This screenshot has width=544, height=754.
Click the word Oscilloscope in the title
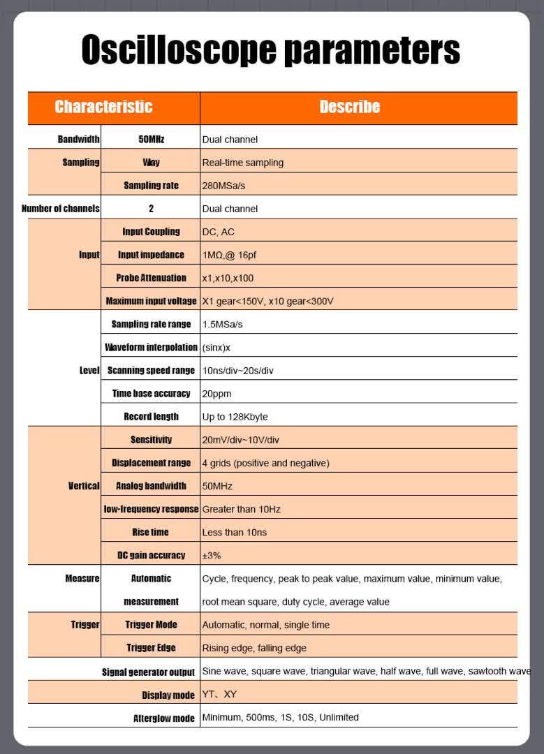[175, 50]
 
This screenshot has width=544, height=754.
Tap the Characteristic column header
[103, 107]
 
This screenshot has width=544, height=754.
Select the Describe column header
[349, 107]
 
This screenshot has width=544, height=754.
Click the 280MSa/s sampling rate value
[223, 186]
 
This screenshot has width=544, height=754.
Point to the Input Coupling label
[151, 232]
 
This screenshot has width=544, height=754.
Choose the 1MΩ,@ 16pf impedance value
[229, 255]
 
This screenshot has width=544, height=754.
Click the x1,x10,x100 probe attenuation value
[228, 278]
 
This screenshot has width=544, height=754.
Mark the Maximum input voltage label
[151, 301]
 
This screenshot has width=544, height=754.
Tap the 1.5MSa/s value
[222, 324]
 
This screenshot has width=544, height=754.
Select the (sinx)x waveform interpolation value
[216, 347]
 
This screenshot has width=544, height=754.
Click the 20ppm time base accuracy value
[216, 394]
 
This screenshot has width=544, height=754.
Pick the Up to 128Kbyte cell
[235, 417]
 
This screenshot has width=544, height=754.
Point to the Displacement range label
[151, 463]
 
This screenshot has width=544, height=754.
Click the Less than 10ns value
[234, 532]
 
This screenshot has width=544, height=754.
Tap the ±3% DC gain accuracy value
[212, 555]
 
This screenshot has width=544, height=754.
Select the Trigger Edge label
[151, 648]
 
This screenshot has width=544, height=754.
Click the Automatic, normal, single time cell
[265, 625]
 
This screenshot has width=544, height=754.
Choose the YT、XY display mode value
[219, 695]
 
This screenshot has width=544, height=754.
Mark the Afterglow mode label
[163, 718]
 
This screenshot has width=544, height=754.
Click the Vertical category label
[84, 486]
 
